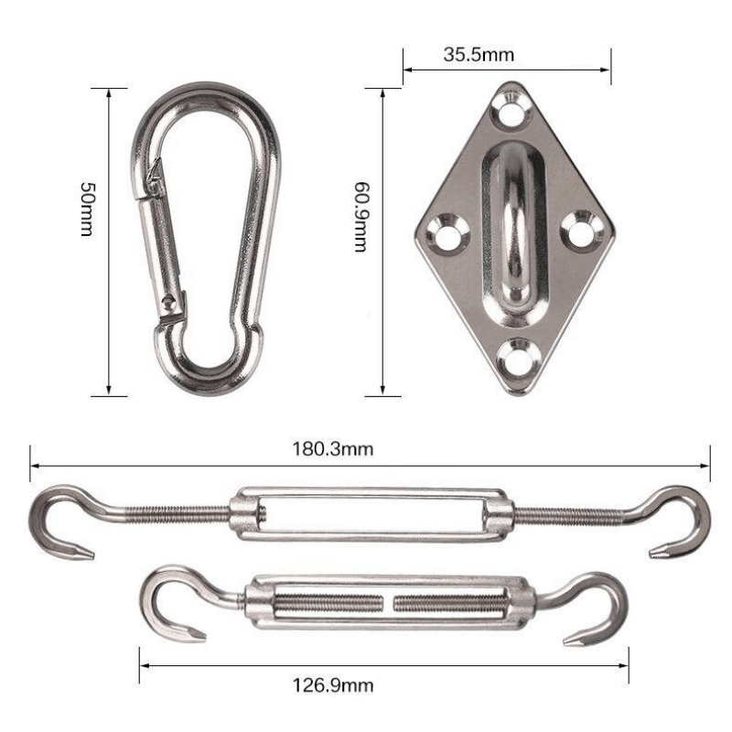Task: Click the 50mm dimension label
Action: (x=87, y=210)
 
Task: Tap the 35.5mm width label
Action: (x=479, y=54)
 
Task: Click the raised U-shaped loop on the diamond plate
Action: (x=514, y=224)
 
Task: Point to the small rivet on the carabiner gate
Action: (x=167, y=299)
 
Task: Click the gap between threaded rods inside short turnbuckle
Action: (x=389, y=603)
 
